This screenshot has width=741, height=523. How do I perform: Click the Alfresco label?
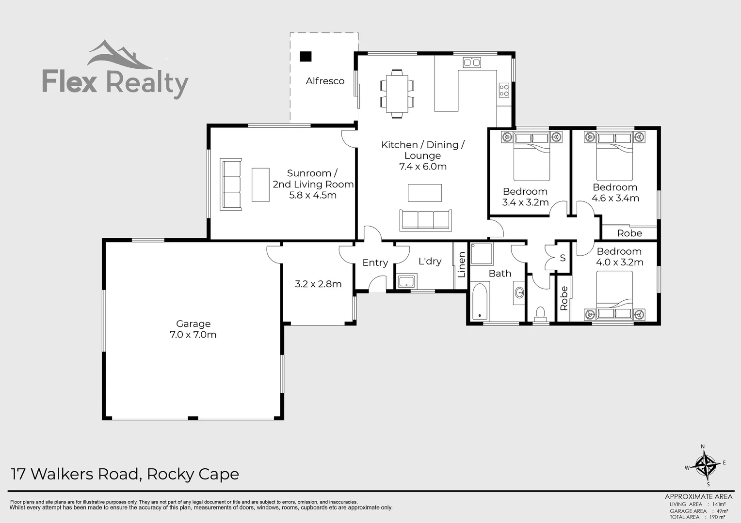pyautogui.click(x=325, y=81)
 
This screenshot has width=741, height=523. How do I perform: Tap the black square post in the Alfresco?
pyautogui.click(x=305, y=56)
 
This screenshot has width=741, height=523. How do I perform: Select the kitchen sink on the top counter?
pyautogui.click(x=471, y=62)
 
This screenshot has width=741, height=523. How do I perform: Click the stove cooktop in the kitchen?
pyautogui.click(x=504, y=90)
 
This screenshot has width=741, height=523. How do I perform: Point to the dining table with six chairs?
pyautogui.click(x=397, y=93)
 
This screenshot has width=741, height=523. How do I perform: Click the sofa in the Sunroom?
pyautogui.click(x=231, y=184)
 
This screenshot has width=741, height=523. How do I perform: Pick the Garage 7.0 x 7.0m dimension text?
pyautogui.click(x=193, y=335)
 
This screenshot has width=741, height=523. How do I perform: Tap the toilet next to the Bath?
pyautogui.click(x=539, y=313)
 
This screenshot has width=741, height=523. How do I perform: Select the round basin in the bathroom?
pyautogui.click(x=519, y=292)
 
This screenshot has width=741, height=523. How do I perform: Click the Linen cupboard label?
pyautogui.click(x=462, y=265)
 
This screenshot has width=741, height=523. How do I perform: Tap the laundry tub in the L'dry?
pyautogui.click(x=406, y=281)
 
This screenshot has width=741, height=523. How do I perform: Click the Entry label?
pyautogui.click(x=375, y=262)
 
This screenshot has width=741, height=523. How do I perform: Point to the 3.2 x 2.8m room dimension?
pyautogui.click(x=318, y=284)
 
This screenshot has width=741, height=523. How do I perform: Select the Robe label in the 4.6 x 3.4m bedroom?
pyautogui.click(x=629, y=233)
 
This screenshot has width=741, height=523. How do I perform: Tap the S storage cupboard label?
pyautogui.click(x=563, y=258)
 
